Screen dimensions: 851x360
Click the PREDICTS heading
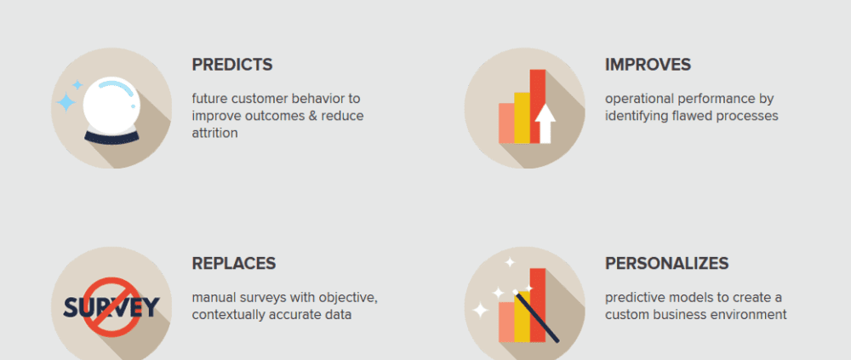click(232, 65)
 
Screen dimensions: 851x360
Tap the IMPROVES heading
click(648, 65)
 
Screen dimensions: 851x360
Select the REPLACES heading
click(234, 263)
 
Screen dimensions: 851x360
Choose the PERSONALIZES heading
click(667, 263)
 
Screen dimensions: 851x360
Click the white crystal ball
click(111, 106)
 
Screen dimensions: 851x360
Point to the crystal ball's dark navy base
click(111, 138)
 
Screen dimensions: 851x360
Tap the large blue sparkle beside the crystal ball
click(66, 101)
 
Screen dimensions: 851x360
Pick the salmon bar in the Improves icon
click(506, 123)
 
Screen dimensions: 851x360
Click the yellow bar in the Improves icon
click(523, 117)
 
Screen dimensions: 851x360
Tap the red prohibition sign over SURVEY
click(111, 306)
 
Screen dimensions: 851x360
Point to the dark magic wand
click(536, 317)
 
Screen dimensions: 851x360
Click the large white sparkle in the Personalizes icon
click(480, 310)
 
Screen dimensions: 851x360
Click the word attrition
click(215, 133)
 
